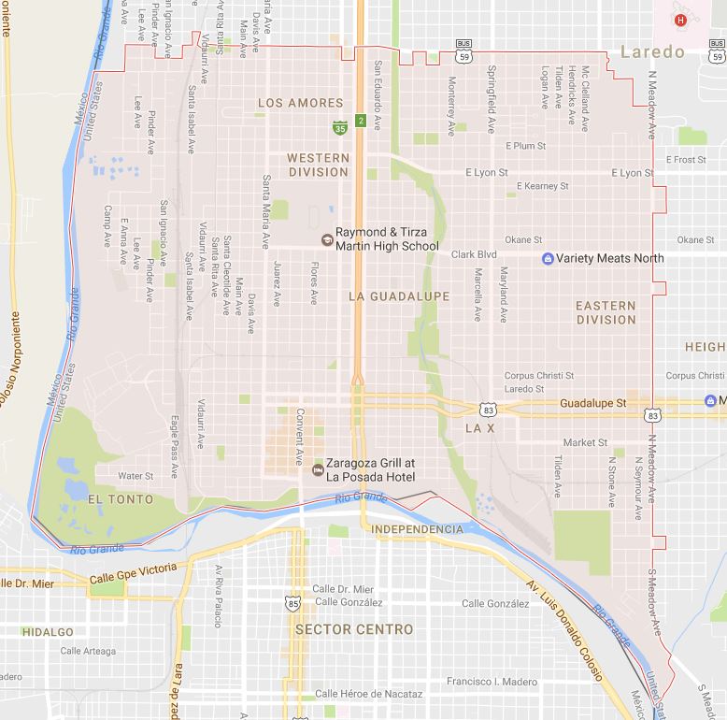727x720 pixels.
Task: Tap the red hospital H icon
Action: click(681, 20)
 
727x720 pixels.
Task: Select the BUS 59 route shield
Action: click(463, 50)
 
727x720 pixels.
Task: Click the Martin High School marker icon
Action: click(326, 240)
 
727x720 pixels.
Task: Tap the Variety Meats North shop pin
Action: click(548, 258)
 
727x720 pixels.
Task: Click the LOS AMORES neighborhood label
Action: click(300, 103)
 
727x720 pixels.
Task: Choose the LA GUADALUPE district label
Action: click(398, 296)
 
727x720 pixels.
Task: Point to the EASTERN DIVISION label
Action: click(606, 312)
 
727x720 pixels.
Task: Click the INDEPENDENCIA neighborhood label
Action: click(417, 529)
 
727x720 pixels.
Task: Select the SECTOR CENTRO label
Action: click(353, 629)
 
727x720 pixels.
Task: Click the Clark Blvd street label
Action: click(474, 254)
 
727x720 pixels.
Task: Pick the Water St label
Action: click(135, 476)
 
